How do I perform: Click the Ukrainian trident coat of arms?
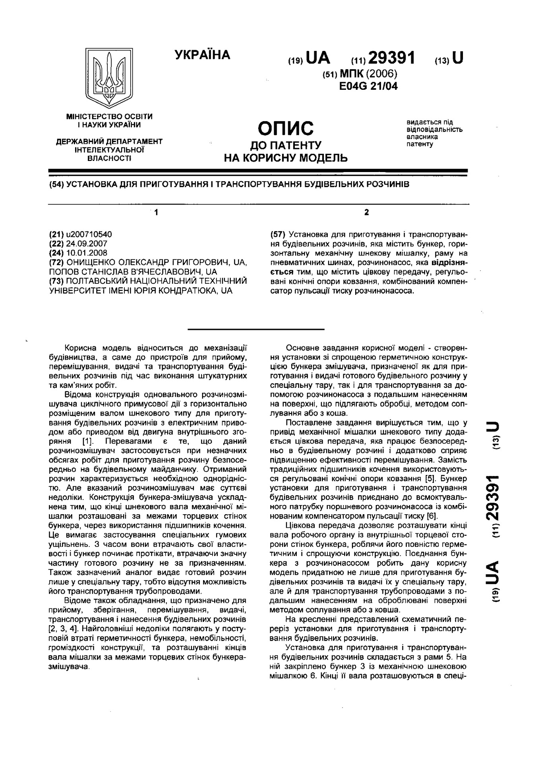[x=109, y=78]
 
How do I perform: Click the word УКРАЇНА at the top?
[x=202, y=55]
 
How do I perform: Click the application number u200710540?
[x=86, y=234]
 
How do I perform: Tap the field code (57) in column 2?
[x=277, y=234]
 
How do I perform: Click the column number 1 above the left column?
[x=156, y=213]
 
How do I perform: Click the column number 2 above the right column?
[x=366, y=213]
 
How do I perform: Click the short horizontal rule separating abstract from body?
[x=255, y=329]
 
